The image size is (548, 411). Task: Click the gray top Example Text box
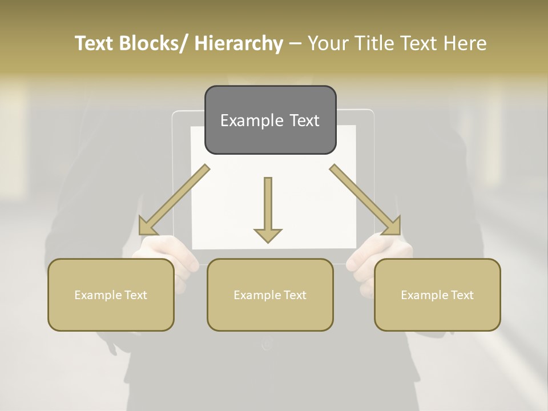[270, 120]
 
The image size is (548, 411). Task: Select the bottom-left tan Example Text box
[111, 295]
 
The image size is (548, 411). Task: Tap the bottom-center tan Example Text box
[270, 295]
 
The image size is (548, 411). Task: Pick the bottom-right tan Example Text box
[437, 295]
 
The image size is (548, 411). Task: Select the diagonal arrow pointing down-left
[174, 200]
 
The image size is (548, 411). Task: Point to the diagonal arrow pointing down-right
[365, 200]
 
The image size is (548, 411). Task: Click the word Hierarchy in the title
[239, 43]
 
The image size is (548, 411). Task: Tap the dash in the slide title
[295, 44]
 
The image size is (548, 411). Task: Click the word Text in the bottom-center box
[295, 295]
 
